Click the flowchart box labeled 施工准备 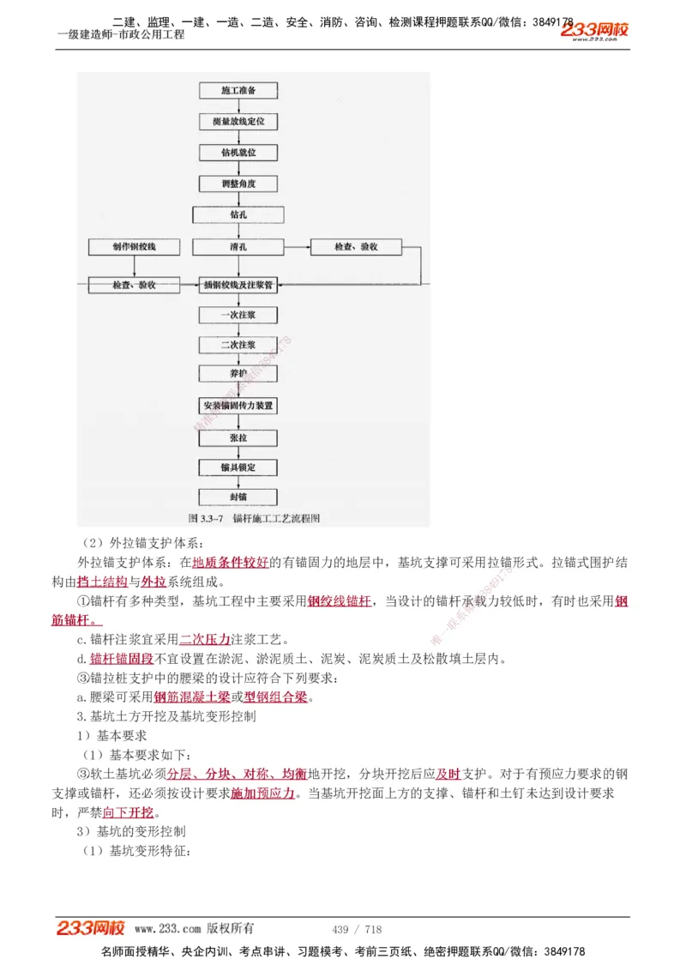238,90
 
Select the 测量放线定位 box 238,121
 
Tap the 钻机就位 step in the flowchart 238,152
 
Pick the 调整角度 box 238,184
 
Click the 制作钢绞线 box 134,247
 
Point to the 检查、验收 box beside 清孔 356,247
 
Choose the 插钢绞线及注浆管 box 238,284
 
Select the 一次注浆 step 238,315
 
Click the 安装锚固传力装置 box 238,405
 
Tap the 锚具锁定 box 238,467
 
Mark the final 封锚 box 238,498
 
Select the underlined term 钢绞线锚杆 340,601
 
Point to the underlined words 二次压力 205,640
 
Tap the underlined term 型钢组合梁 275,697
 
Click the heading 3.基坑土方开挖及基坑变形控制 166,715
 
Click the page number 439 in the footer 340,929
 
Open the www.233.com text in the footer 167,929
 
